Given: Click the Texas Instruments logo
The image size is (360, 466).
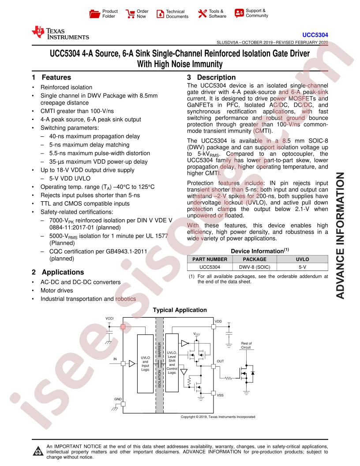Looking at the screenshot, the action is pos(60,33).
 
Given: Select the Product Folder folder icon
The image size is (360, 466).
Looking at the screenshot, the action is pos(94,14).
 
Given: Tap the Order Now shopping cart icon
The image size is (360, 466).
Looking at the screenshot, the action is pos(130,14).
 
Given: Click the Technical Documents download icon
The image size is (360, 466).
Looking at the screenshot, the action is pos(160,14).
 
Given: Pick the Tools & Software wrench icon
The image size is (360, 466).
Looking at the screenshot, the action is pos(202,13).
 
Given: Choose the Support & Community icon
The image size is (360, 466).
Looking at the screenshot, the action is pos(239,13).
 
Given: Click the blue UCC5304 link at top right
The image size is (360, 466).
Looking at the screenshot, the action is pos(315,35).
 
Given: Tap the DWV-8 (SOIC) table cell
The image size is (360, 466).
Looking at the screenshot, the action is pos(255,267).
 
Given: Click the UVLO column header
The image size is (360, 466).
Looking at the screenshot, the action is pos(302,259).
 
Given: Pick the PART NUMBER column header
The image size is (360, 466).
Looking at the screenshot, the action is pos(210,259).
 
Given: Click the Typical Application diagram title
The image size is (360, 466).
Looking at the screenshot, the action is pos(180,310).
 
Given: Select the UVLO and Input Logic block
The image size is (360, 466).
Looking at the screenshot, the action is pos(145,364).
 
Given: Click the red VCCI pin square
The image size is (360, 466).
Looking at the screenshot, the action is pos(123,327).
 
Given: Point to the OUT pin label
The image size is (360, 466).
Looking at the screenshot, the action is pos(221,361).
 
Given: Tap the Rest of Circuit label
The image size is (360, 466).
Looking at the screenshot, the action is pos(246,346).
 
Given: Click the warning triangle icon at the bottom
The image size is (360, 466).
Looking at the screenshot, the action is pos(38,451).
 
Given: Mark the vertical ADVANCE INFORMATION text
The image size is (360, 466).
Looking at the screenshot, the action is pos(341,235).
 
